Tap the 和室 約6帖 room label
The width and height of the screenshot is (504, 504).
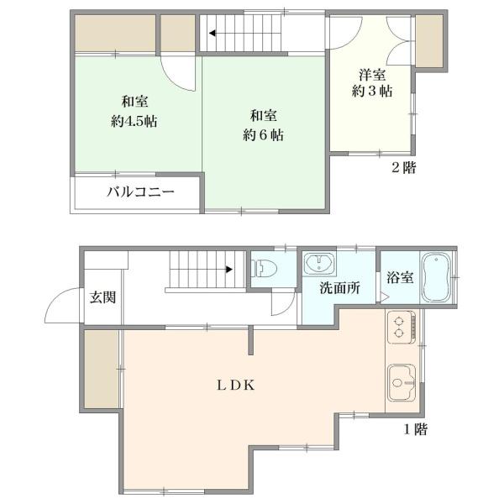pos(265,124)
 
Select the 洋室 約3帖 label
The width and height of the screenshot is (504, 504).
pos(370,82)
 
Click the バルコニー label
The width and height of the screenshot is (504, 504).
pos(139,192)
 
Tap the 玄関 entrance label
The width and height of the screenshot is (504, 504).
pos(102,298)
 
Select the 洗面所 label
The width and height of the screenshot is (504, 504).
pos(339,287)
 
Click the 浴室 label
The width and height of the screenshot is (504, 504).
pos(399,277)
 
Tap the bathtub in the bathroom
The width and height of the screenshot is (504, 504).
pos(435,275)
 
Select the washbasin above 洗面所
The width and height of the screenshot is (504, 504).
pos(319,265)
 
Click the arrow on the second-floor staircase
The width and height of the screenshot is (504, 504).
pos(216,34)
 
